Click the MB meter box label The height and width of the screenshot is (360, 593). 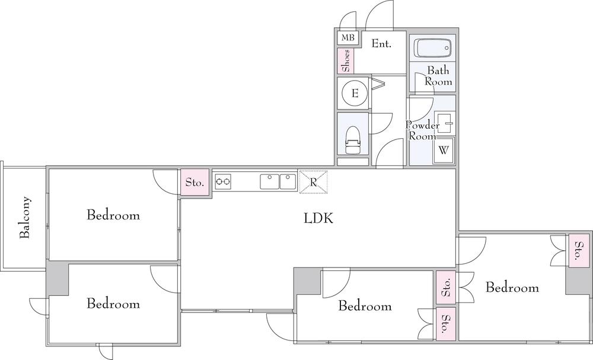coord(348,38)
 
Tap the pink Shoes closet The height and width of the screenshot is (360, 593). coord(346,60)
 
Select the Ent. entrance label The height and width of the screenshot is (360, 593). coord(381,43)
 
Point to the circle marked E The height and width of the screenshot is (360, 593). coord(355,93)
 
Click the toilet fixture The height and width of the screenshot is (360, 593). coord(353,139)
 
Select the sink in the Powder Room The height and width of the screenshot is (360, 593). coord(445,122)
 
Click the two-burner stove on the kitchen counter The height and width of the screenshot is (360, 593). coord(223,181)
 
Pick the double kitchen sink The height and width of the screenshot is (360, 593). coord(278,181)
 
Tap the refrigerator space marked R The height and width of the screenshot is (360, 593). coord(313,182)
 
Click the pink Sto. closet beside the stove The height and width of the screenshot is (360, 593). coord(195,182)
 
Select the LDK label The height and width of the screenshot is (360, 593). coord(318,218)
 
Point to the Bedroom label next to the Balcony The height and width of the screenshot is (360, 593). coord(113,215)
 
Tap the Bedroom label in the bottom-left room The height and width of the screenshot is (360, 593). coord(113,304)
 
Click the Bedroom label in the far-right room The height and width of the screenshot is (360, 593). coord(512,288)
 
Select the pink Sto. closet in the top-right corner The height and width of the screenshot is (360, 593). coord(578,251)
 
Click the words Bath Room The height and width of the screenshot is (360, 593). coord(438,76)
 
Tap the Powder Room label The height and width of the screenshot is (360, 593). coord(422,130)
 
